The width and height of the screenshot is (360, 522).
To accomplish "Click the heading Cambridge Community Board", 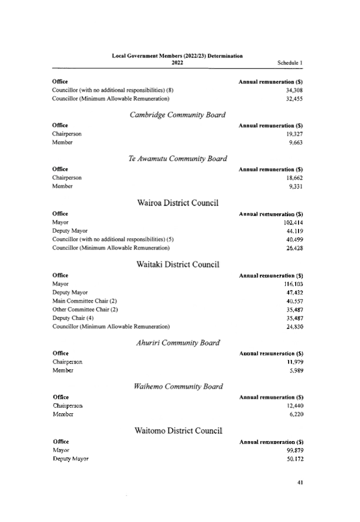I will point(177,115).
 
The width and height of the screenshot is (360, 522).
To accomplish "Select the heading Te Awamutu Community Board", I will point(177,159).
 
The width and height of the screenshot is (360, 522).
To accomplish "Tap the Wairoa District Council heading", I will point(177,203).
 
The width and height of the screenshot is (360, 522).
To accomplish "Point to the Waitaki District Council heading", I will point(177,264).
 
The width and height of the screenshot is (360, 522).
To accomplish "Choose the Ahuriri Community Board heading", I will point(177,342).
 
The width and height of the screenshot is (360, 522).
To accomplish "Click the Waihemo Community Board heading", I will point(178,386).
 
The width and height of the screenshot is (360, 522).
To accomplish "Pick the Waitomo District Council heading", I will point(178,430).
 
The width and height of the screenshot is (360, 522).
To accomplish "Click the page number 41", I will point(300,482).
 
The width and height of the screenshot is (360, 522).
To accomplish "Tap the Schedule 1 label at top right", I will point(290,63).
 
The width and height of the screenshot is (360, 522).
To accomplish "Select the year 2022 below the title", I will point(177,63).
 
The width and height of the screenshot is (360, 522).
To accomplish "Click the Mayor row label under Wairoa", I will point(60,222).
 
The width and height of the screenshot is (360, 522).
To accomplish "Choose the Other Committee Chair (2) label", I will point(86,309).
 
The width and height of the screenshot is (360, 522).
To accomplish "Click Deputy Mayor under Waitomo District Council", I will point(70,458).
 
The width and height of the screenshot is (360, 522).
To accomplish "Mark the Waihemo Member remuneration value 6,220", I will point(296,414).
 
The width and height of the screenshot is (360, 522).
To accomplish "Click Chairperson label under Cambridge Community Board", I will point(67,134).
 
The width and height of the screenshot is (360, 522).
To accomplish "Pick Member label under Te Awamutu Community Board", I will point(63,186).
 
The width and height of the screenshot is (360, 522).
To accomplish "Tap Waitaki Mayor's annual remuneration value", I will point(294,284).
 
